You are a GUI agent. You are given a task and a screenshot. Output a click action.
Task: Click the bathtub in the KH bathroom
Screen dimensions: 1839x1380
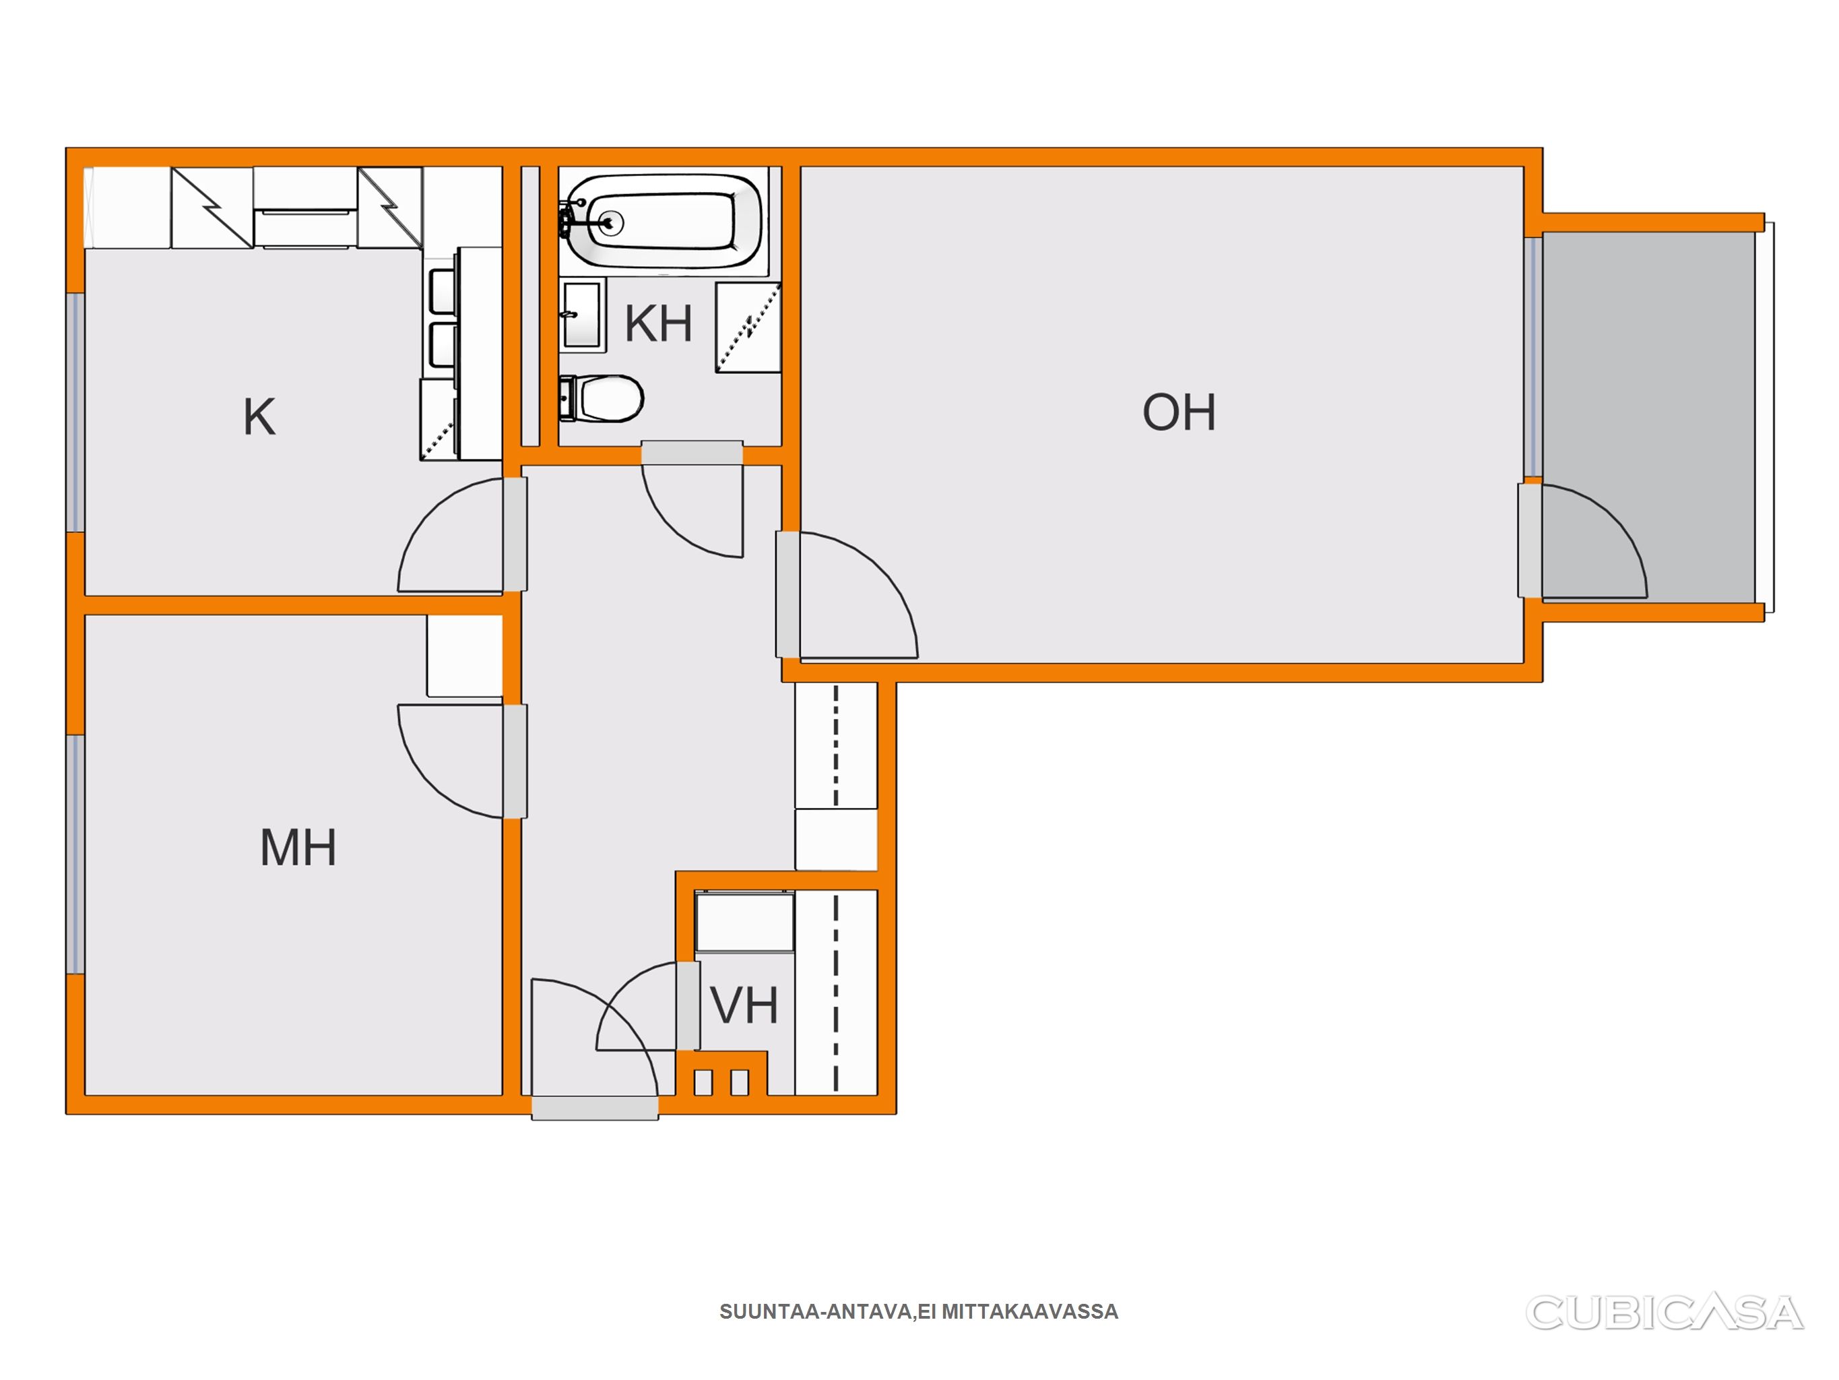[663, 220]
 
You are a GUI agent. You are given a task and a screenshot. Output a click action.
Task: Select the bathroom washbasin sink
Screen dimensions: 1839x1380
[581, 315]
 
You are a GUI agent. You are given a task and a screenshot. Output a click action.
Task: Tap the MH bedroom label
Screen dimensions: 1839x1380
[298, 848]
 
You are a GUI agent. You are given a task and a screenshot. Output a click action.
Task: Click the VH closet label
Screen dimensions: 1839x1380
[744, 1005]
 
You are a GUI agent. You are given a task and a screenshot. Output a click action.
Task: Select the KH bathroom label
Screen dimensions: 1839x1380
[658, 323]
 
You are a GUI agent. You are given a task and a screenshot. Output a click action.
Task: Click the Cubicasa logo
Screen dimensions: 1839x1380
[1665, 1313]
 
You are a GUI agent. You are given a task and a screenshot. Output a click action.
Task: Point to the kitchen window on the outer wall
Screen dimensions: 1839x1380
[75, 412]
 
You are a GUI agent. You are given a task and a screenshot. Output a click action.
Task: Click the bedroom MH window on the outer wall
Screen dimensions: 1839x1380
[75, 854]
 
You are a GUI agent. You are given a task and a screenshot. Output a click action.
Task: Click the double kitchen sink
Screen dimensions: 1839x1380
[443, 319]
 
